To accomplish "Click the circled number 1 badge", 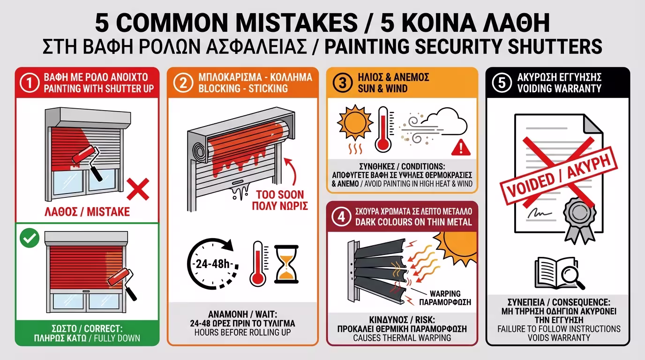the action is (x=30, y=83).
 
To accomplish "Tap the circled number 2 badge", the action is (x=183, y=83).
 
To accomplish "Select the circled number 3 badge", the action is (x=342, y=83).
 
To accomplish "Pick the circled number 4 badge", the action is (x=341, y=217).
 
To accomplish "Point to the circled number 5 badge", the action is (x=502, y=83).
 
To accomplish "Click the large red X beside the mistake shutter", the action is (x=138, y=189).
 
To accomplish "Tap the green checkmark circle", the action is (x=30, y=238).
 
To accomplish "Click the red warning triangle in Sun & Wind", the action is (x=461, y=147).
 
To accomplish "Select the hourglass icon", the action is (x=286, y=264).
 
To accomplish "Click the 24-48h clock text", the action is (x=213, y=264).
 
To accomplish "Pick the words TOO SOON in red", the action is (x=280, y=195).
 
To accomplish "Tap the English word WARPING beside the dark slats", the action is (x=445, y=294).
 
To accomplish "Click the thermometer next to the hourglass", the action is (x=258, y=263).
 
